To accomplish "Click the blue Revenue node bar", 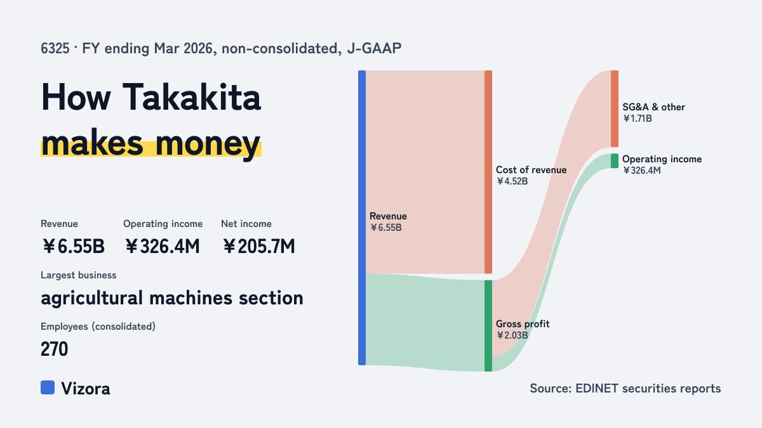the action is (362, 217).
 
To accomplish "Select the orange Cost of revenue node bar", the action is (488, 172).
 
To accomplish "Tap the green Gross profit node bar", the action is (488, 326).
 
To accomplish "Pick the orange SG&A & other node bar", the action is (615, 108).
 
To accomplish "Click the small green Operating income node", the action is (615, 160).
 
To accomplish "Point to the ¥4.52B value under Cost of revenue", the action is (512, 181).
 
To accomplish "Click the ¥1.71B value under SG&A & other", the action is (637, 119).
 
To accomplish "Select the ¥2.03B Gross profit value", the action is (512, 335).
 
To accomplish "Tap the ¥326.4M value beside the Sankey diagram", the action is (641, 171).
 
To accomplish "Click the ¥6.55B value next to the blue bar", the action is (386, 228).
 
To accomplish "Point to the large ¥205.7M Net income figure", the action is (258, 246).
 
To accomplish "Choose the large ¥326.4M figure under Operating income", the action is (162, 246).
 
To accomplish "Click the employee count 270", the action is (54, 349).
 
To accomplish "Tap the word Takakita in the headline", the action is (192, 97).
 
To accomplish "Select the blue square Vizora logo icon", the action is (48, 387).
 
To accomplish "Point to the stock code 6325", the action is (55, 48).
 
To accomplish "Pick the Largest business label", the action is (78, 275).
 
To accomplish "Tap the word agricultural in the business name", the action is (91, 298).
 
